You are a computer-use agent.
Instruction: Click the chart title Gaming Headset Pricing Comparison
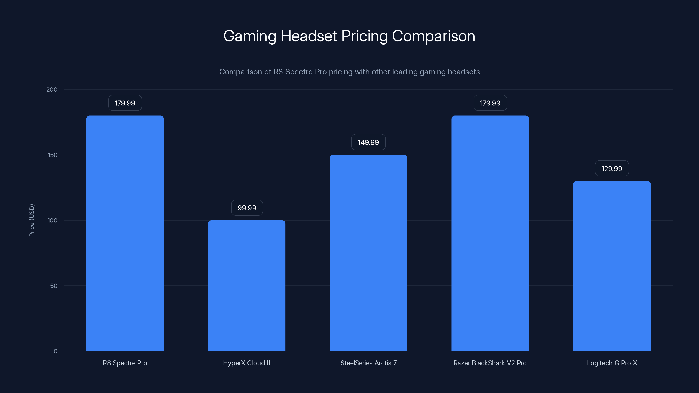pyautogui.click(x=349, y=36)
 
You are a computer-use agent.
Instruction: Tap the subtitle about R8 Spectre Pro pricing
pyautogui.click(x=349, y=72)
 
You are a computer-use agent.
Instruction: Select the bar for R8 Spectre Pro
pyautogui.click(x=125, y=233)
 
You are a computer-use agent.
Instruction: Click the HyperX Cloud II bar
pyautogui.click(x=246, y=285)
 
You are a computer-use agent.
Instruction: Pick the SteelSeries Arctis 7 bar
pyautogui.click(x=368, y=253)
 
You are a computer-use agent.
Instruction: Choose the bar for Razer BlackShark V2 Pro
pyautogui.click(x=490, y=233)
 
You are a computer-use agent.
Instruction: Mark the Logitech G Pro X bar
pyautogui.click(x=612, y=266)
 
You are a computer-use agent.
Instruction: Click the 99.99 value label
pyautogui.click(x=247, y=208)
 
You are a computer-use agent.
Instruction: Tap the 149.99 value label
pyautogui.click(x=368, y=142)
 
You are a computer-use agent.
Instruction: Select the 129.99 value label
pyautogui.click(x=612, y=168)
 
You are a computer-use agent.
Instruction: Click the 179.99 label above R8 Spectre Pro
pyautogui.click(x=125, y=103)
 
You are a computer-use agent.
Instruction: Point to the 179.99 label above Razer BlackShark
pyautogui.click(x=490, y=103)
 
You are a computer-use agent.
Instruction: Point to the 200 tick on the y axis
pyautogui.click(x=52, y=90)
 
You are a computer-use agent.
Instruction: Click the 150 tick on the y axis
pyautogui.click(x=53, y=155)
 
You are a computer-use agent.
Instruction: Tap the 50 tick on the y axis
pyautogui.click(x=54, y=286)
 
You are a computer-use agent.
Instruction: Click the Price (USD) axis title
pyautogui.click(x=32, y=220)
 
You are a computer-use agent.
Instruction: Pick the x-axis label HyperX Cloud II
pyautogui.click(x=246, y=363)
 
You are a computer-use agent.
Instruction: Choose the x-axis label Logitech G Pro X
pyautogui.click(x=612, y=363)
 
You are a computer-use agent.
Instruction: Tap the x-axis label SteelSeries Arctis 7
pyautogui.click(x=368, y=363)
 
